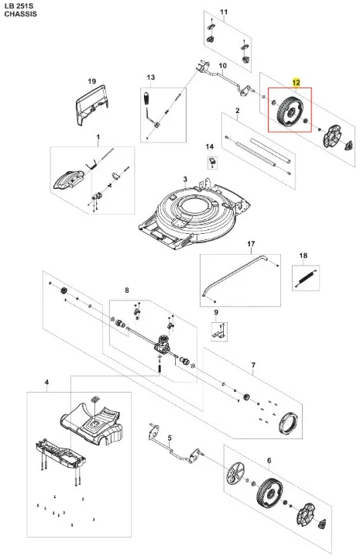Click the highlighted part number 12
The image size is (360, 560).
point(296,83)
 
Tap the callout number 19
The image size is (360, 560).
point(92,81)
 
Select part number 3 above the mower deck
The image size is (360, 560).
point(185,179)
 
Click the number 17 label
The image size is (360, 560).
point(251,244)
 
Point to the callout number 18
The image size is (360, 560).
point(303,256)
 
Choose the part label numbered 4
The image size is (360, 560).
point(46,383)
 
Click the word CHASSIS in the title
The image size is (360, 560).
point(20,14)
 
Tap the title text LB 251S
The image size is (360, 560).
point(18,6)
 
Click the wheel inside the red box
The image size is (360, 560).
point(290,111)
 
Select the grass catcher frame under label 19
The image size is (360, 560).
point(91,105)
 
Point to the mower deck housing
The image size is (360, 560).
point(194,215)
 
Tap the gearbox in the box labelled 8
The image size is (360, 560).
point(162,344)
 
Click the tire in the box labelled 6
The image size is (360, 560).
point(269,493)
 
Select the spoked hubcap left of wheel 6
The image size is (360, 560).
point(237,473)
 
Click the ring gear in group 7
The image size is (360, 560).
point(288,422)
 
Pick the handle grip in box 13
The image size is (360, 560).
point(146,98)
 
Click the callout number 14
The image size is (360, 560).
point(210,147)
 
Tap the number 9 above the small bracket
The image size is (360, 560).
point(216,312)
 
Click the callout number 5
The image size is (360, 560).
point(170,438)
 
